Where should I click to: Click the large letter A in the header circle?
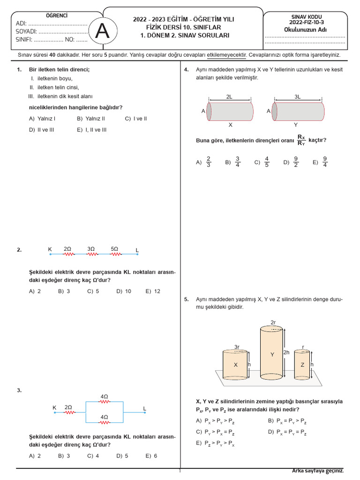[x=103, y=31]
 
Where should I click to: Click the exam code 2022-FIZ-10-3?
[x=305, y=22]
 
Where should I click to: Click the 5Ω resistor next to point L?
[x=115, y=255]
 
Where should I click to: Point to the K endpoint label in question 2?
[x=50, y=249]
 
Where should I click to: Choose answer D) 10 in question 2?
[x=124, y=291]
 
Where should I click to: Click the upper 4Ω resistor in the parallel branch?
[x=104, y=401]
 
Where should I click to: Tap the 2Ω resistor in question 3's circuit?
[x=68, y=413]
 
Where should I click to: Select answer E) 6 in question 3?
[x=151, y=456]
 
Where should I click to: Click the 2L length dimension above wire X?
[x=229, y=97]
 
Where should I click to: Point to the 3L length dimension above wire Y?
[x=298, y=97]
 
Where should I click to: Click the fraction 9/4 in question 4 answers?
[x=325, y=162]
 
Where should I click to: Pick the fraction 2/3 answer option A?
[x=209, y=162]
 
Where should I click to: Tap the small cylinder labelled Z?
[x=302, y=365]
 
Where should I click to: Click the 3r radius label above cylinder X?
[x=237, y=347]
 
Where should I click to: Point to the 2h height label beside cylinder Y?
[x=286, y=352]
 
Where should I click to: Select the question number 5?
[x=186, y=299]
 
